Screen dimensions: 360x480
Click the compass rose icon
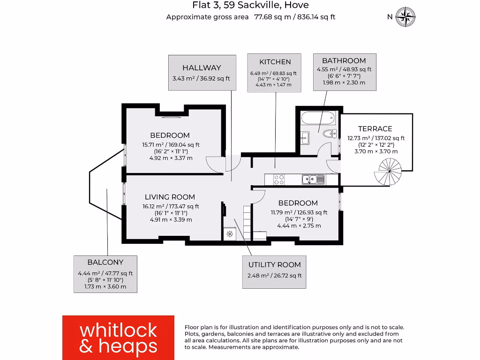click(405, 17)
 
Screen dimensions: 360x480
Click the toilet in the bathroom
click(330, 133)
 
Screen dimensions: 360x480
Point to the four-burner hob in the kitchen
click(278, 179)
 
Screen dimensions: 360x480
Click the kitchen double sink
click(313, 179)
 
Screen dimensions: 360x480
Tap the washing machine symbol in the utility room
click(230, 234)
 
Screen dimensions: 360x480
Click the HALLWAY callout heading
click(202, 67)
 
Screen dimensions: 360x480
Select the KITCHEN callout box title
click(275, 61)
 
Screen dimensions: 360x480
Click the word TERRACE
click(375, 128)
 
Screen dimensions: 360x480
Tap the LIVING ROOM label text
click(170, 197)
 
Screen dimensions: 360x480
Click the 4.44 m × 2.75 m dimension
click(299, 225)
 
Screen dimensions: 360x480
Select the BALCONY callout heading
click(105, 262)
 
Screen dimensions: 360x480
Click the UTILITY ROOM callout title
click(275, 265)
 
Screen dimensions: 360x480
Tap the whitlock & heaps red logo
click(118, 337)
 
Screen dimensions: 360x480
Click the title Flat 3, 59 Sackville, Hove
click(251, 6)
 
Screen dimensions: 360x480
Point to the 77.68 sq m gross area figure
click(271, 17)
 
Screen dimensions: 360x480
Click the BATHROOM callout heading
click(344, 60)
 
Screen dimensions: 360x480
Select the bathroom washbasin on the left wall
click(305, 137)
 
